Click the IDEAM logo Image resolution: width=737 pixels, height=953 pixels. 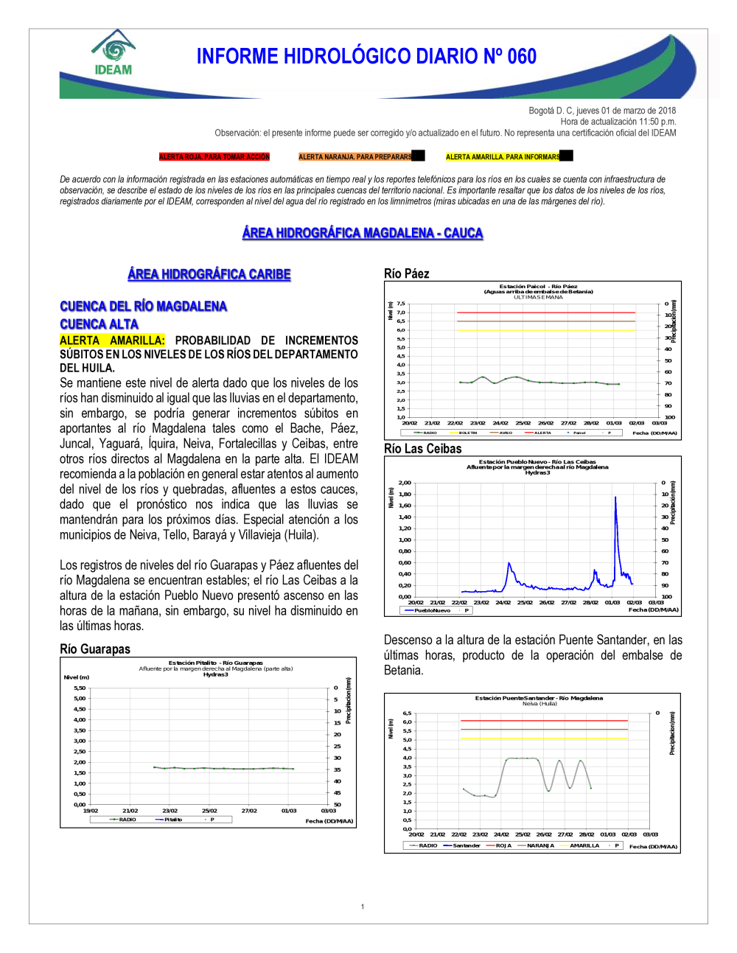(113, 54)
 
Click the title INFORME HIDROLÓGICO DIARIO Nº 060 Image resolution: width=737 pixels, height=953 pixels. (366, 57)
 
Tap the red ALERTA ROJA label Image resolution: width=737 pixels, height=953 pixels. (214, 157)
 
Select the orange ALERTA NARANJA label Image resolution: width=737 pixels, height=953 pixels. (355, 157)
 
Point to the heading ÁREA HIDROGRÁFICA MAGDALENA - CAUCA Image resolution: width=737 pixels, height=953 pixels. (363, 233)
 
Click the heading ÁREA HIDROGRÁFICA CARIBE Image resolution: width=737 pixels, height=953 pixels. (209, 274)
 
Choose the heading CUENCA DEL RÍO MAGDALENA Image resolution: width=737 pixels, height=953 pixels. (143, 307)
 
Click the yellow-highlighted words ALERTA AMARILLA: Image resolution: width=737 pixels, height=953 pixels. (112, 341)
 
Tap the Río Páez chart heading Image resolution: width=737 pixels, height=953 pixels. (406, 273)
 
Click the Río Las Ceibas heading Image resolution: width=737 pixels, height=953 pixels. (422, 448)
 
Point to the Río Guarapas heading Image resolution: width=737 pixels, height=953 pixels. (95, 649)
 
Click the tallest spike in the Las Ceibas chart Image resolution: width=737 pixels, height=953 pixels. (615, 498)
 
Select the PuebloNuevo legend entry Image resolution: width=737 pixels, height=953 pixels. (432, 610)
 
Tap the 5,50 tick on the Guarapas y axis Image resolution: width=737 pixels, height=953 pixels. (80, 688)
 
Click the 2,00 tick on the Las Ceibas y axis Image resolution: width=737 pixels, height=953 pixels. (405, 483)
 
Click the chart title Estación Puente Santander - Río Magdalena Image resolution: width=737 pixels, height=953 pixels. (539, 698)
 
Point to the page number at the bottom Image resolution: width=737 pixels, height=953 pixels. (363, 907)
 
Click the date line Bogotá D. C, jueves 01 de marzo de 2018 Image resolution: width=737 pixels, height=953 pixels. (602, 111)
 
